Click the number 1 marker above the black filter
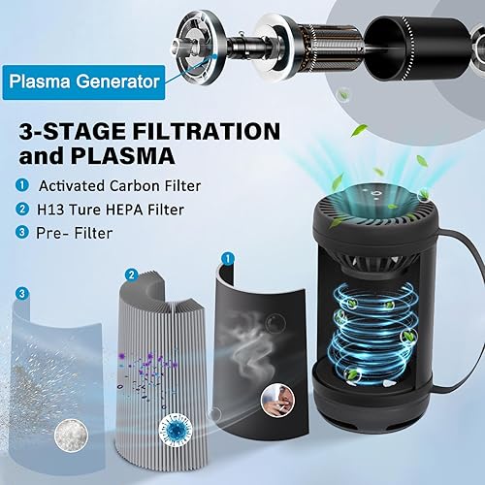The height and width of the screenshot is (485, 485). point(228,259)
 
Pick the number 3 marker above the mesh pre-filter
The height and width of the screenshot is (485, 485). point(20,292)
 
